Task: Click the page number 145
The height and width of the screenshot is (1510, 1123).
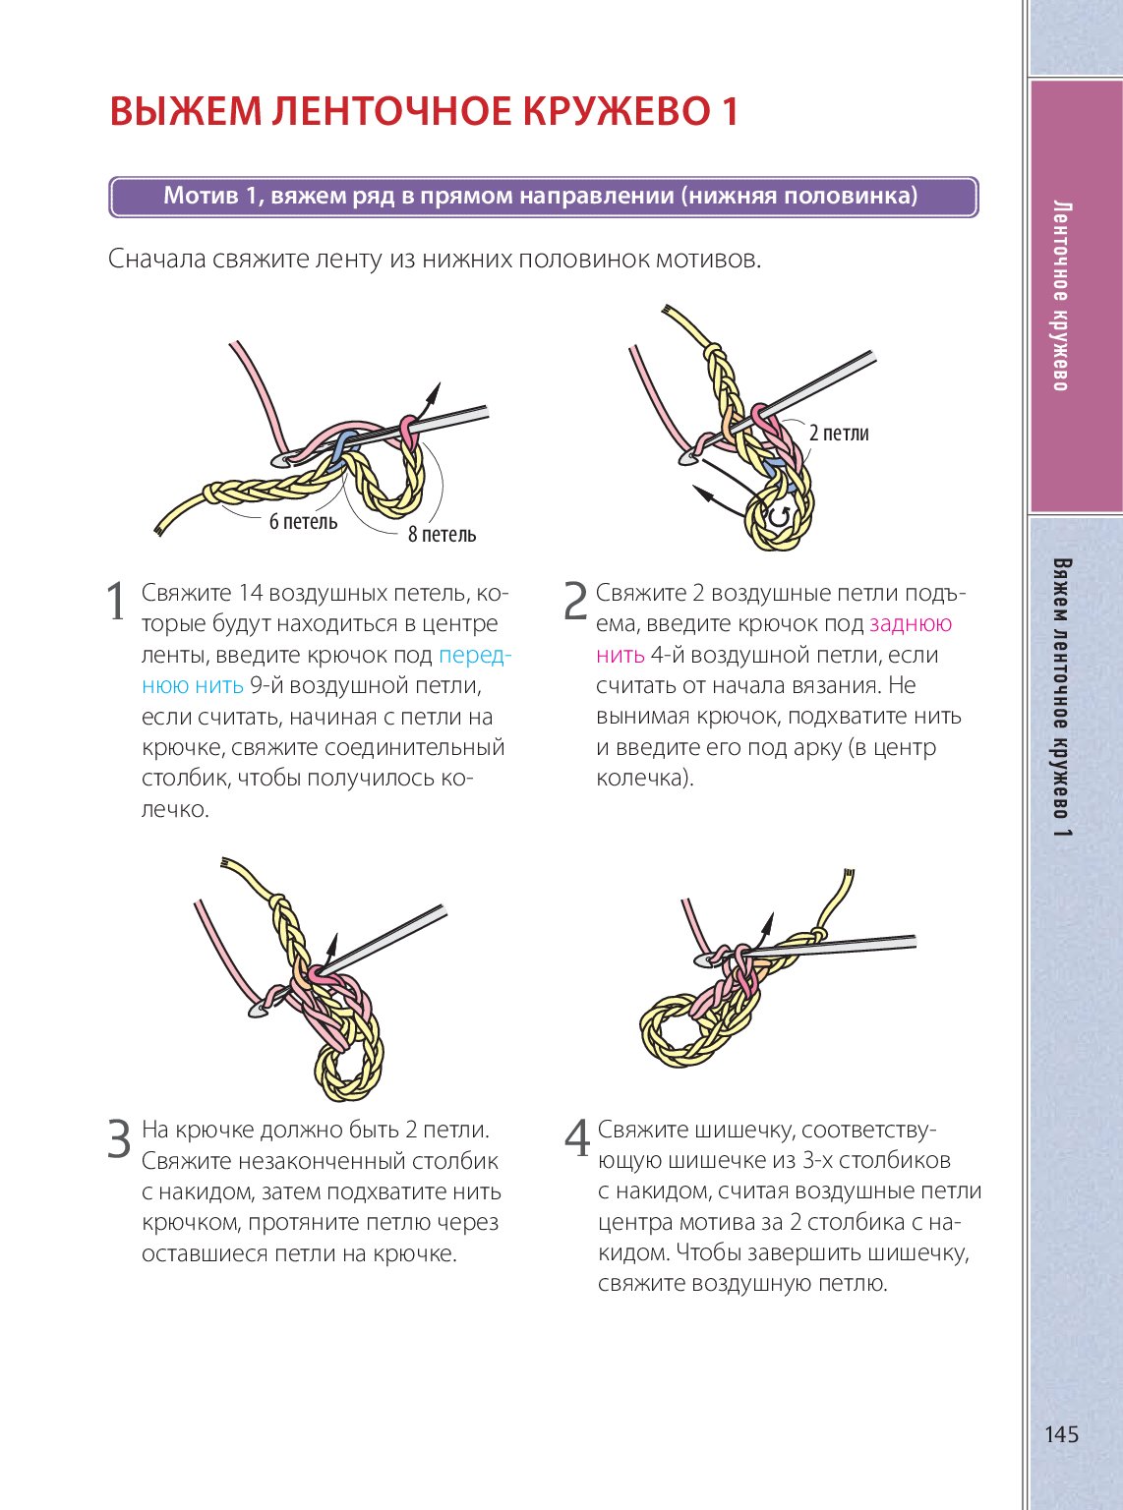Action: [1061, 1434]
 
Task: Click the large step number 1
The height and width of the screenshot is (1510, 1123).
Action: [116, 602]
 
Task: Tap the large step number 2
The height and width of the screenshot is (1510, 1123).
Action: [575, 602]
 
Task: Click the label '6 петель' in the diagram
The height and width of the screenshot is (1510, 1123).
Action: [303, 522]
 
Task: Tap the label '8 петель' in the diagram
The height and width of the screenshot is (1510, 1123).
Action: [442, 535]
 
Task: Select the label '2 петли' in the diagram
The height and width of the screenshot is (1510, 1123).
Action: [838, 433]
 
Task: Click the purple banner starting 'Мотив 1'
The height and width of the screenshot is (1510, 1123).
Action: [542, 196]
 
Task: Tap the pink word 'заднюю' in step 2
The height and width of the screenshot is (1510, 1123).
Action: [911, 623]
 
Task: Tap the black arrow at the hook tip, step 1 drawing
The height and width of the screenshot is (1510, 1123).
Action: [430, 397]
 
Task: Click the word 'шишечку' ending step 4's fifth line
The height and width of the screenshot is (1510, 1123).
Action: [919, 1253]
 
